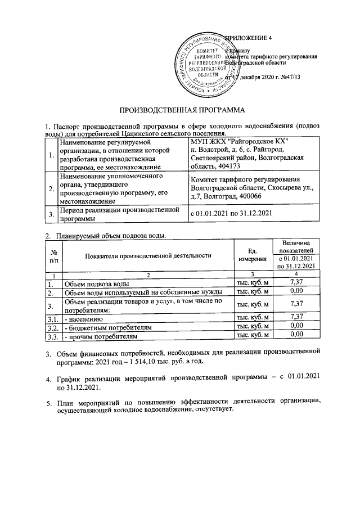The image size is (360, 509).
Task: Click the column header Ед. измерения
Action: pyautogui.click(x=252, y=255)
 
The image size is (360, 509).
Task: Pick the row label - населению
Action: pyautogui.click(x=84, y=317)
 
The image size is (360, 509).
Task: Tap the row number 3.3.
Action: pyautogui.click(x=53, y=336)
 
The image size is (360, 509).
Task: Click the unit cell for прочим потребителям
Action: pyautogui.click(x=252, y=336)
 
